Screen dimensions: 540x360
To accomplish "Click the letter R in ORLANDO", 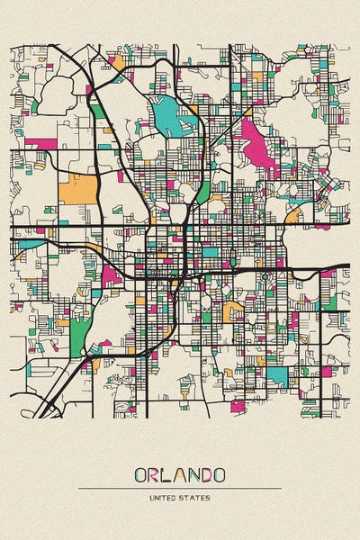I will (x=154, y=474).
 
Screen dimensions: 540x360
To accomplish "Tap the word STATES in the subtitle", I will (x=194, y=498).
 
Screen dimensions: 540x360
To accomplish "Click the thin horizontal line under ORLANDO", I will (x=180, y=488).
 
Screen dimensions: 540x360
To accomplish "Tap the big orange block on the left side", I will (x=76, y=188).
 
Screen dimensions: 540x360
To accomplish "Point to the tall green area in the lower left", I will (x=80, y=335).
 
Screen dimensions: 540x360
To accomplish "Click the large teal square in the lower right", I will (x=278, y=376).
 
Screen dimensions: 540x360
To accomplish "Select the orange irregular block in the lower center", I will (x=232, y=310).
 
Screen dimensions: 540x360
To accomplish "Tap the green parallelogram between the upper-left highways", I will (x=97, y=112).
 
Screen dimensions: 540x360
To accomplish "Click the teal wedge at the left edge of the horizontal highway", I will (x=29, y=244).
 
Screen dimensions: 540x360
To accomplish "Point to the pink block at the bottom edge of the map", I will (x=238, y=405).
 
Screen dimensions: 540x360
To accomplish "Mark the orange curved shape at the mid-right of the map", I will (x=293, y=215).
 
